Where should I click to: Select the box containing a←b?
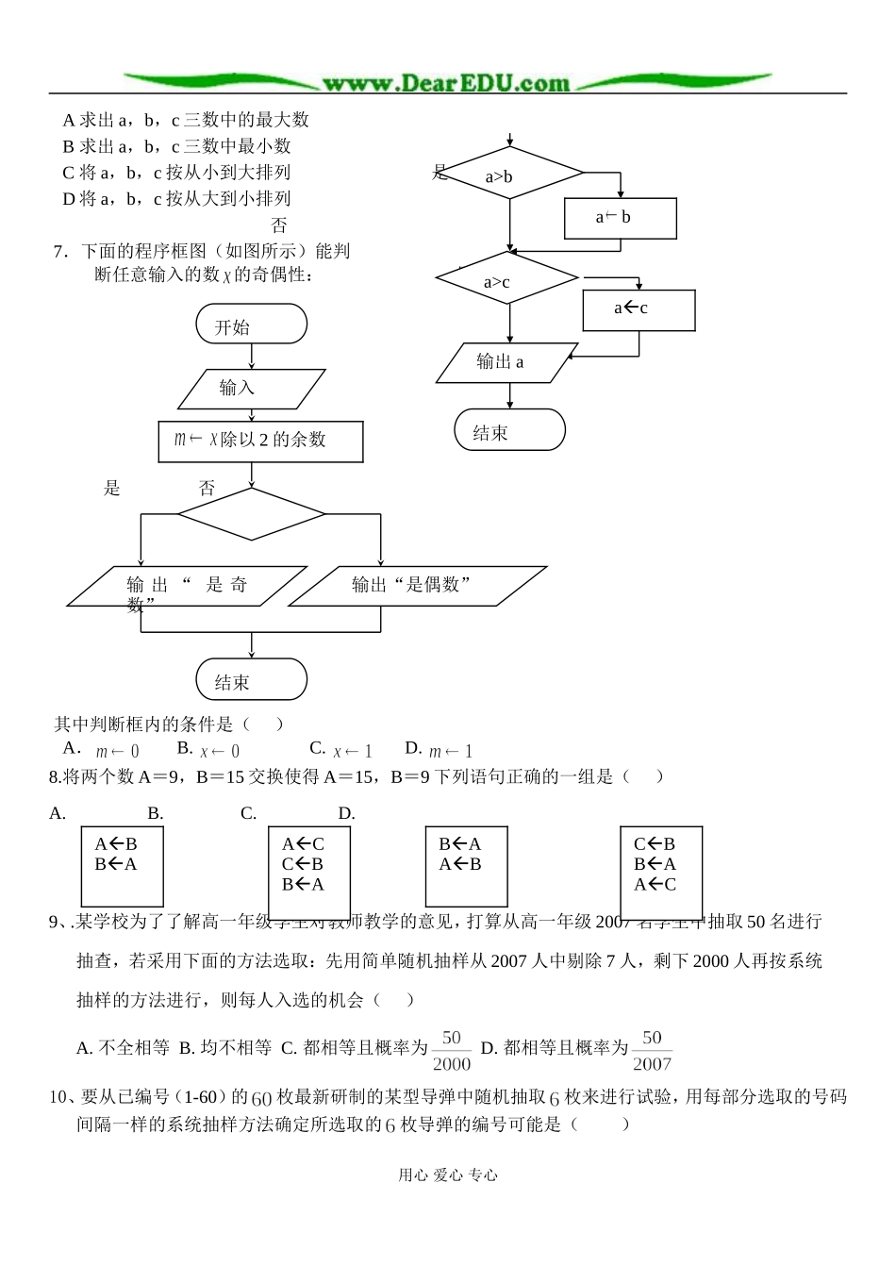pyautogui.click(x=620, y=218)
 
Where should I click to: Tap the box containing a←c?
pyautogui.click(x=639, y=309)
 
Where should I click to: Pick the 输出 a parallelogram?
pyautogui.click(x=506, y=362)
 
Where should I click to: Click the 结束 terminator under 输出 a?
pyautogui.click(x=509, y=430)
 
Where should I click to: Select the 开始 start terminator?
pyautogui.click(x=251, y=325)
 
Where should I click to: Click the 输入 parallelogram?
pyautogui.click(x=251, y=388)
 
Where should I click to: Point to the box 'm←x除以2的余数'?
pyautogui.click(x=260, y=441)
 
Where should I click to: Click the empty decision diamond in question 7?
pyautogui.click(x=251, y=514)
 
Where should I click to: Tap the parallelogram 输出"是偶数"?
pyautogui.click(x=417, y=586)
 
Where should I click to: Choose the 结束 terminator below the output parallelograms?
pyautogui.click(x=251, y=679)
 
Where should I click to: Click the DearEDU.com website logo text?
pyautogui.click(x=446, y=83)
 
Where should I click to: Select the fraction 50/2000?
pyautogui.click(x=452, y=1050)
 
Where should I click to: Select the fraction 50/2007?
pyautogui.click(x=652, y=1050)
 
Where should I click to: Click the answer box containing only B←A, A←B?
pyautogui.click(x=467, y=866)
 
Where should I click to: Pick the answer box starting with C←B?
pyautogui.click(x=661, y=873)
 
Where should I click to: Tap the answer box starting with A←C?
pyautogui.click(x=309, y=873)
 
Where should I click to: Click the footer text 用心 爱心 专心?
pyautogui.click(x=448, y=1174)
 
